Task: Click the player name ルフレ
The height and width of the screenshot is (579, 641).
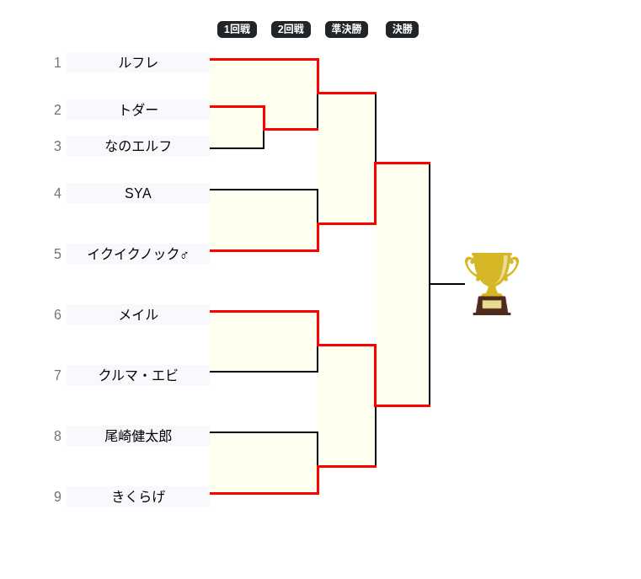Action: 138,62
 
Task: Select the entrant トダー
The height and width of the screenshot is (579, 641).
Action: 138,110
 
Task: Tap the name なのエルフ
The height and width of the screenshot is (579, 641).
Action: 138,146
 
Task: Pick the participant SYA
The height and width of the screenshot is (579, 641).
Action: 138,193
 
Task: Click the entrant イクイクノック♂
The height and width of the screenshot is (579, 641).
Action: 138,254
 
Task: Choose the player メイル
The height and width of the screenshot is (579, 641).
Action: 138,314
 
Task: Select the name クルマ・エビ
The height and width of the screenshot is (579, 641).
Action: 138,375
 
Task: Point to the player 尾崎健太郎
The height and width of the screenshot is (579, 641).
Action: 138,436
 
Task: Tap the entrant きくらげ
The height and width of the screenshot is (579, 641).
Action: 138,496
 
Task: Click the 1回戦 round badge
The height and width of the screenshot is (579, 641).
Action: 237,29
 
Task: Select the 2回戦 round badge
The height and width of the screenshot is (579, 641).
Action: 291,29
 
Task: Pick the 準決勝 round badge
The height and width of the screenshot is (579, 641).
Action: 346,29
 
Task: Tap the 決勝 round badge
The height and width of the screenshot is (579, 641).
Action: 402,29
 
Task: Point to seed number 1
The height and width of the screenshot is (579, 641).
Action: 57,62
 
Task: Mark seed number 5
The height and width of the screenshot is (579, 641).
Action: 57,254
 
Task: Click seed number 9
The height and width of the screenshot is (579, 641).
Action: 57,496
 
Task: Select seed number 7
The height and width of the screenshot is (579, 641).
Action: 57,375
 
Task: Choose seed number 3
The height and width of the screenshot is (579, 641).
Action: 57,146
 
